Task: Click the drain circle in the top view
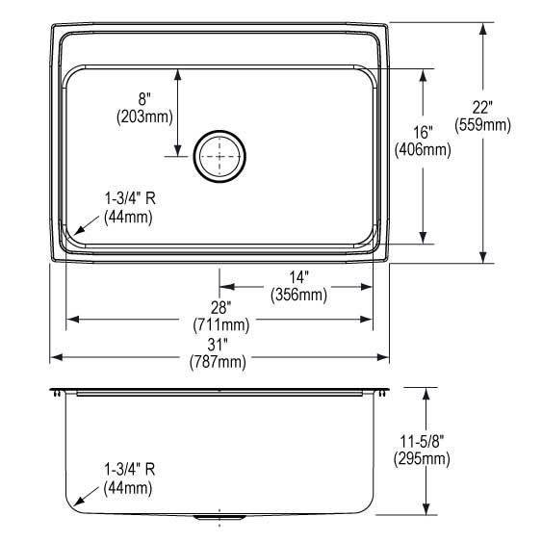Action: tap(219, 132)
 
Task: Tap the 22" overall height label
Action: tap(482, 108)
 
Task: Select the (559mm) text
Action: tap(482, 125)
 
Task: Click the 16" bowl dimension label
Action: tap(423, 132)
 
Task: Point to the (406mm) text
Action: tap(423, 149)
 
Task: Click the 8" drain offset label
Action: tap(144, 99)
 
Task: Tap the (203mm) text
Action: tap(144, 116)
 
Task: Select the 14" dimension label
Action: tap(298, 277)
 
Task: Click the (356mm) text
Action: tap(299, 295)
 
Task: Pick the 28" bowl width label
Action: tap(220, 307)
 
